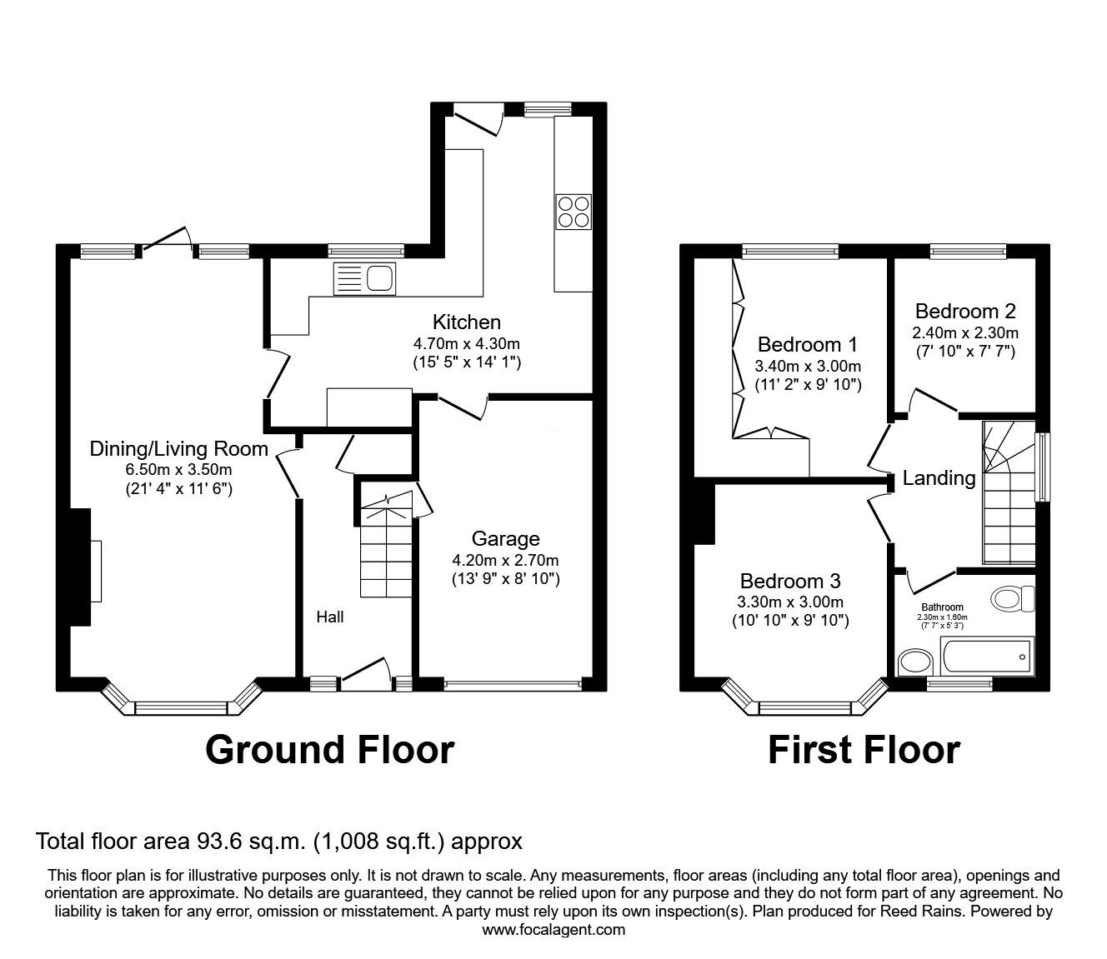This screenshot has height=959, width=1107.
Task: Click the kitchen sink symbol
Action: click(x=364, y=278)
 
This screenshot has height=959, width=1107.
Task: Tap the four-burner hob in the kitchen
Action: click(x=574, y=211)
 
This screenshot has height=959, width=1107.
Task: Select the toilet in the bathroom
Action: click(x=1014, y=598)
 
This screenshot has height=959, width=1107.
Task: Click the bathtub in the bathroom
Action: click(x=986, y=657)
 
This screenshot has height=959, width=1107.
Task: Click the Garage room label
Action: click(x=505, y=538)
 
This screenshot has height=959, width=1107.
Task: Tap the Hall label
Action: click(x=329, y=617)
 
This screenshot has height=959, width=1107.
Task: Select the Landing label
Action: click(x=939, y=478)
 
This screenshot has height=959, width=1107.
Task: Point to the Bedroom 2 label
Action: click(x=964, y=312)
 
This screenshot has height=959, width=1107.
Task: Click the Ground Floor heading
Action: click(x=329, y=749)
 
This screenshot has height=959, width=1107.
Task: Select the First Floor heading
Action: click(x=863, y=749)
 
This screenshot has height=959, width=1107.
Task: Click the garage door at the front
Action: click(x=512, y=685)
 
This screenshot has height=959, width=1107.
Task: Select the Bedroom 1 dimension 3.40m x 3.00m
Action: click(x=807, y=367)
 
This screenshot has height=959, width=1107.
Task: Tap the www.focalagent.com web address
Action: click(x=553, y=930)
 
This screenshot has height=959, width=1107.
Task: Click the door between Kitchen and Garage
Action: click(x=462, y=407)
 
